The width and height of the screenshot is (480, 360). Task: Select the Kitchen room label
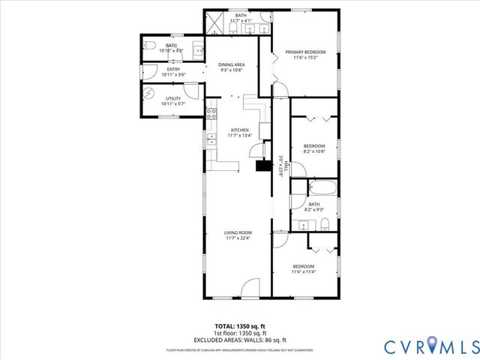click(239, 129)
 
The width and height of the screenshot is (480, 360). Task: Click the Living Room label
click(237, 232)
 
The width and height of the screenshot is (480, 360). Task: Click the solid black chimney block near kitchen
click(262, 167)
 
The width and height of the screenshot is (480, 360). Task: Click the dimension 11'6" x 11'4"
click(303, 272)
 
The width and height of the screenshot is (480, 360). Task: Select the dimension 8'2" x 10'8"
click(313, 151)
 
